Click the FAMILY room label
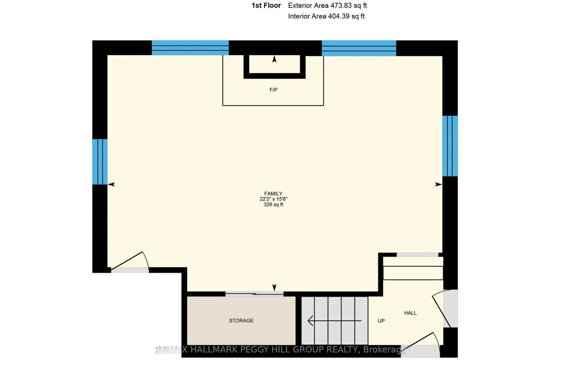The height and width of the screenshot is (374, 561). (x=273, y=194)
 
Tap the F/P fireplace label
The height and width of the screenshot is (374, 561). (x=273, y=90)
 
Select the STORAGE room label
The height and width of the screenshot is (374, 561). (x=241, y=321)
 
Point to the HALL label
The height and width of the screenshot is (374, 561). (x=411, y=313)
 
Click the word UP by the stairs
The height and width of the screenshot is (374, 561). (x=381, y=321)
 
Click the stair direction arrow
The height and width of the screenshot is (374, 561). (x=335, y=321)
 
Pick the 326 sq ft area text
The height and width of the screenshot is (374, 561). (x=273, y=205)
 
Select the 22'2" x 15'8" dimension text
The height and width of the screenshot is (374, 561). (x=273, y=199)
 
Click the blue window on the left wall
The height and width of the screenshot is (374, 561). (x=100, y=162)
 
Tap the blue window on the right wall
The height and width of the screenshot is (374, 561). (x=450, y=146)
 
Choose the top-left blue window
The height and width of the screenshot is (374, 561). (x=190, y=47)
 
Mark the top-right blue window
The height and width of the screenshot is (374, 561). (x=359, y=48)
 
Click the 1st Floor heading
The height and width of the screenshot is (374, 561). (x=266, y=6)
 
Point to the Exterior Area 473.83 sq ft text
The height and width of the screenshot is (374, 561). (x=327, y=6)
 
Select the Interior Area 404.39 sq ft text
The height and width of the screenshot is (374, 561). (x=327, y=16)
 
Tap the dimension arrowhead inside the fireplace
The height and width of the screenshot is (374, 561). (x=275, y=59)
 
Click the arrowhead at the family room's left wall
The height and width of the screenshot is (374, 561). (x=111, y=184)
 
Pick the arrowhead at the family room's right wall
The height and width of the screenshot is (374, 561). (x=438, y=184)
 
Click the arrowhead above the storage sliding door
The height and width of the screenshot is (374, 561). (x=275, y=288)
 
